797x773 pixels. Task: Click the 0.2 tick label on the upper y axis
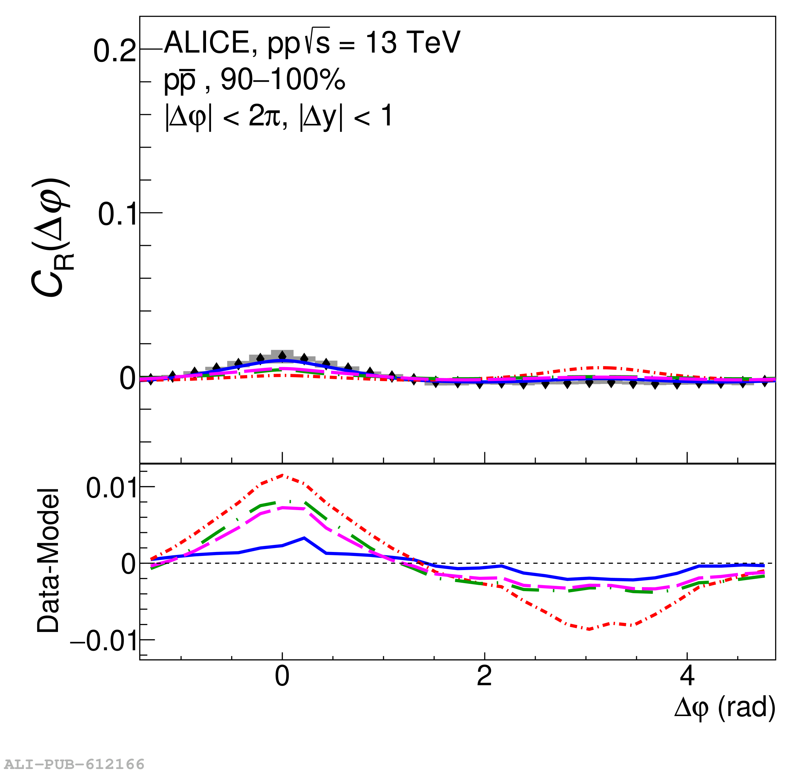[x=115, y=51]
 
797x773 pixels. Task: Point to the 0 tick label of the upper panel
[x=127, y=379]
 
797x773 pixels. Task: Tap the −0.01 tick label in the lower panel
[x=104, y=641]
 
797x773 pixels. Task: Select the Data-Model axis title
[x=48, y=561]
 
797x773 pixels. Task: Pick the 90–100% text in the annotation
[x=283, y=80]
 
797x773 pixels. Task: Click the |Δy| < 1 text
[x=346, y=117]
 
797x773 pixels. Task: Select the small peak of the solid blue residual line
[x=304, y=538]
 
